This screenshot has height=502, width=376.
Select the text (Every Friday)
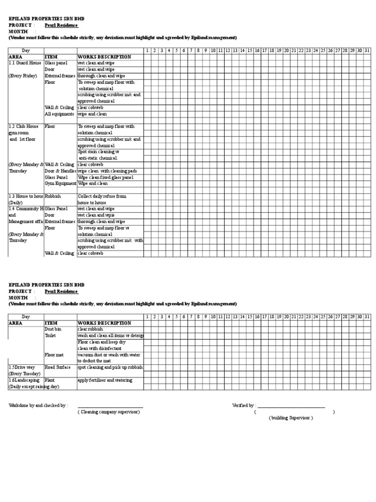click(23, 76)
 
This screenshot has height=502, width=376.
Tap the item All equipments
click(60, 114)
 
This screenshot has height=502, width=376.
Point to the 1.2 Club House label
click(24, 126)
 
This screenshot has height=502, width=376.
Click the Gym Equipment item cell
click(61, 183)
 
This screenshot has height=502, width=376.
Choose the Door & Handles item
click(61, 171)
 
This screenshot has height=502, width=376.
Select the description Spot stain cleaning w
click(99, 152)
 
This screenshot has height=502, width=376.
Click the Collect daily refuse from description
click(102, 196)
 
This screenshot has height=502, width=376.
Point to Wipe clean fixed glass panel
click(106, 177)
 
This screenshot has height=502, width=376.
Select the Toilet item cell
click(51, 336)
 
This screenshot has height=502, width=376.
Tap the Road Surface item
click(58, 367)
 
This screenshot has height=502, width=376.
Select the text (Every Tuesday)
click(23, 374)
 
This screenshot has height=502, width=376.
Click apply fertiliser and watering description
click(105, 380)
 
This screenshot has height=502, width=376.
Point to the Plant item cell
click(49, 380)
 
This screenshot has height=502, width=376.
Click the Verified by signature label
click(243, 405)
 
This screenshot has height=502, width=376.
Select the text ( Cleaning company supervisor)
click(109, 412)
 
